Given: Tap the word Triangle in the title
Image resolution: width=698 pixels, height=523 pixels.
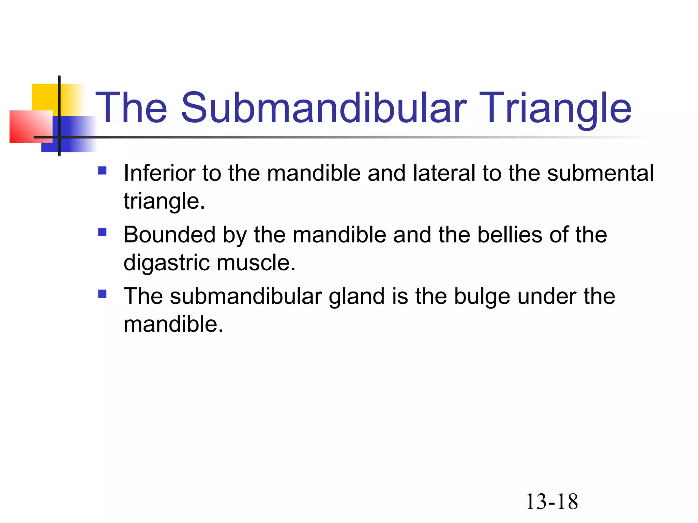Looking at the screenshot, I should pyautogui.click(x=556, y=108).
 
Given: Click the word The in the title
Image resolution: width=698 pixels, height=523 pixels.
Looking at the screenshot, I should pyautogui.click(x=131, y=108).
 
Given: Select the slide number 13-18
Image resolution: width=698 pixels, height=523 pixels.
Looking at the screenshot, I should pyautogui.click(x=552, y=502).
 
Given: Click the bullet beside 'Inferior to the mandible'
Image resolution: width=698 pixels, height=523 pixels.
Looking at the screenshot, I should pyautogui.click(x=102, y=170).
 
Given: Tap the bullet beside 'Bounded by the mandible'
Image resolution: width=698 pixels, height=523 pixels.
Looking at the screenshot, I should pyautogui.click(x=102, y=232).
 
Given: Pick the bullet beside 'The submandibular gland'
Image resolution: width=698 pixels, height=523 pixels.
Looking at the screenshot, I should pyautogui.click(x=102, y=294).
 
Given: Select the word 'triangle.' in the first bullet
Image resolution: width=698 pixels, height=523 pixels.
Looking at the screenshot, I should pyautogui.click(x=164, y=202).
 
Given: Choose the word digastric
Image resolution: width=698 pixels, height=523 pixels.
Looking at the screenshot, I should pyautogui.click(x=167, y=263).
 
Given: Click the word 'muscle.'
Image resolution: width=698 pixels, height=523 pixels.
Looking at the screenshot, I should pyautogui.click(x=256, y=263).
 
